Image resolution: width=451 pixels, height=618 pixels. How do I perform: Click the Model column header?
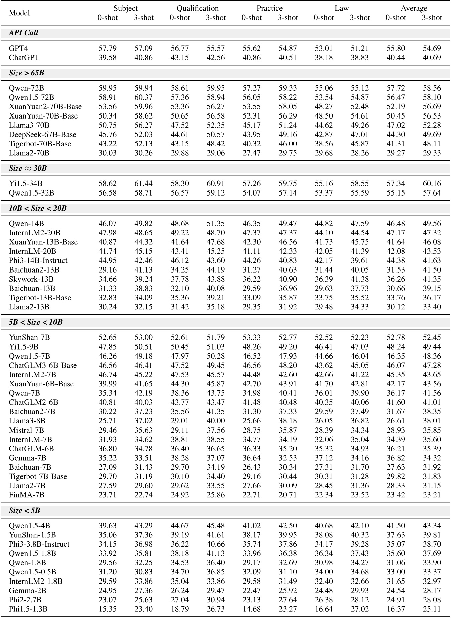coord(19,13)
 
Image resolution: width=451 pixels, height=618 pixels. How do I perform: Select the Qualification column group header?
coord(198,8)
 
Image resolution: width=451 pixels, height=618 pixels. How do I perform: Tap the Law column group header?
coord(342,8)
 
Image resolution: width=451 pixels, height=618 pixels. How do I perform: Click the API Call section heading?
coord(23,33)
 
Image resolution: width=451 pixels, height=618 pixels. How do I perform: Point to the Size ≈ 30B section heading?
coord(28,168)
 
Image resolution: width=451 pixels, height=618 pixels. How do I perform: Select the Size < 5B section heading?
coord(24,511)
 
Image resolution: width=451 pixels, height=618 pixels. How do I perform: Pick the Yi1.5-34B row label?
coord(26,184)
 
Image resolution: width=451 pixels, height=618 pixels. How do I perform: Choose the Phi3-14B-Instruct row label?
coord(38,260)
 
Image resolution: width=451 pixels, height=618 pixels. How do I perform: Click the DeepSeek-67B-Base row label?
coord(42,135)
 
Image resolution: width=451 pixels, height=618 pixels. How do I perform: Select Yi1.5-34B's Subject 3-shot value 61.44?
coord(143,184)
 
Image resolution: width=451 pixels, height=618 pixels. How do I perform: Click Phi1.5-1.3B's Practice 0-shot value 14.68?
coord(251,609)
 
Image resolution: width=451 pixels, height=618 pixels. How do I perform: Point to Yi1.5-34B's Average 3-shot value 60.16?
coord(432,184)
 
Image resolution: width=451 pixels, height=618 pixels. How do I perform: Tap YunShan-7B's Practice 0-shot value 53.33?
coord(251,337)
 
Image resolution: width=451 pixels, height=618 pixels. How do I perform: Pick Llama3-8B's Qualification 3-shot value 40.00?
coord(216,421)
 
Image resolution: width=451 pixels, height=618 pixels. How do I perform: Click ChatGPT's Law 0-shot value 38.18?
coord(324,58)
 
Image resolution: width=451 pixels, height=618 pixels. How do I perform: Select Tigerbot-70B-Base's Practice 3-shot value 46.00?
coord(288,144)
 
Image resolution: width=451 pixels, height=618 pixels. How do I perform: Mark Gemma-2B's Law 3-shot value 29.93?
coord(359,591)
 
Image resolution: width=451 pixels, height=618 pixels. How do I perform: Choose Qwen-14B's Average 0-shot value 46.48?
coord(396,223)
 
